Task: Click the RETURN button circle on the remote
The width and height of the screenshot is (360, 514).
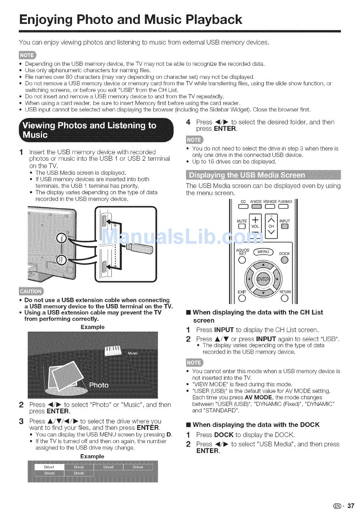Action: click(x=285, y=298)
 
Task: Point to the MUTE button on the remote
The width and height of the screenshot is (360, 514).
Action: click(x=241, y=227)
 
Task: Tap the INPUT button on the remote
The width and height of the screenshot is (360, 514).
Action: click(x=285, y=227)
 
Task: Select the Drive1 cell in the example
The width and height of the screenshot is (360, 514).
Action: click(x=50, y=467)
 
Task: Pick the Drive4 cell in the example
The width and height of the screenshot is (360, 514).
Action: click(x=138, y=467)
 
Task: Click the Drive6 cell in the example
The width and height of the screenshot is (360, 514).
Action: click(x=79, y=473)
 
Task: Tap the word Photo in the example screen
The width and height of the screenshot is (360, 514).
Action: click(x=99, y=385)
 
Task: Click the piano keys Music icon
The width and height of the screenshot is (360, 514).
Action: click(x=113, y=350)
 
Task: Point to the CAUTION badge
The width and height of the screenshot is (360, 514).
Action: click(x=31, y=291)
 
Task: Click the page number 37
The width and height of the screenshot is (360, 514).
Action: click(x=351, y=506)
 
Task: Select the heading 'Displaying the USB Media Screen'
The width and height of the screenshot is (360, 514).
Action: click(x=247, y=175)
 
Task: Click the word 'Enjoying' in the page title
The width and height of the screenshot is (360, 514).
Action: click(x=49, y=19)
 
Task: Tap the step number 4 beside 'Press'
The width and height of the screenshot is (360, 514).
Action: click(x=188, y=122)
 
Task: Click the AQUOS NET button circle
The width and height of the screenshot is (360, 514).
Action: click(x=243, y=260)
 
